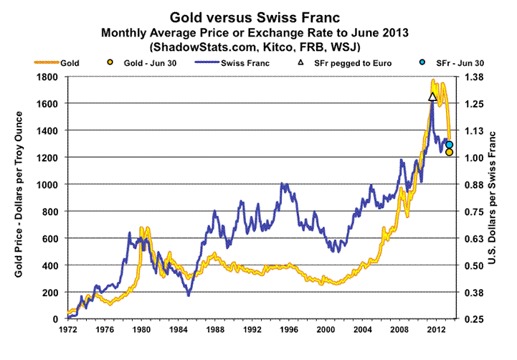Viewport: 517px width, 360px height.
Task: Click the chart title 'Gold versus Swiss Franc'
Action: (259, 16)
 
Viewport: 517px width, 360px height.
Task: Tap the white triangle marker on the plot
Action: (432, 97)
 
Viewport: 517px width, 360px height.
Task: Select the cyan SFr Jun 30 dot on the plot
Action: (449, 145)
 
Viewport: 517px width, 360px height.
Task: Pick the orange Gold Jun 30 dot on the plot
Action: (449, 152)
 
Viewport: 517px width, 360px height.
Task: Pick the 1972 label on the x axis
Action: (67, 331)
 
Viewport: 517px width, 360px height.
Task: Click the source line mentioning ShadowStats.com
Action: (259, 47)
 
